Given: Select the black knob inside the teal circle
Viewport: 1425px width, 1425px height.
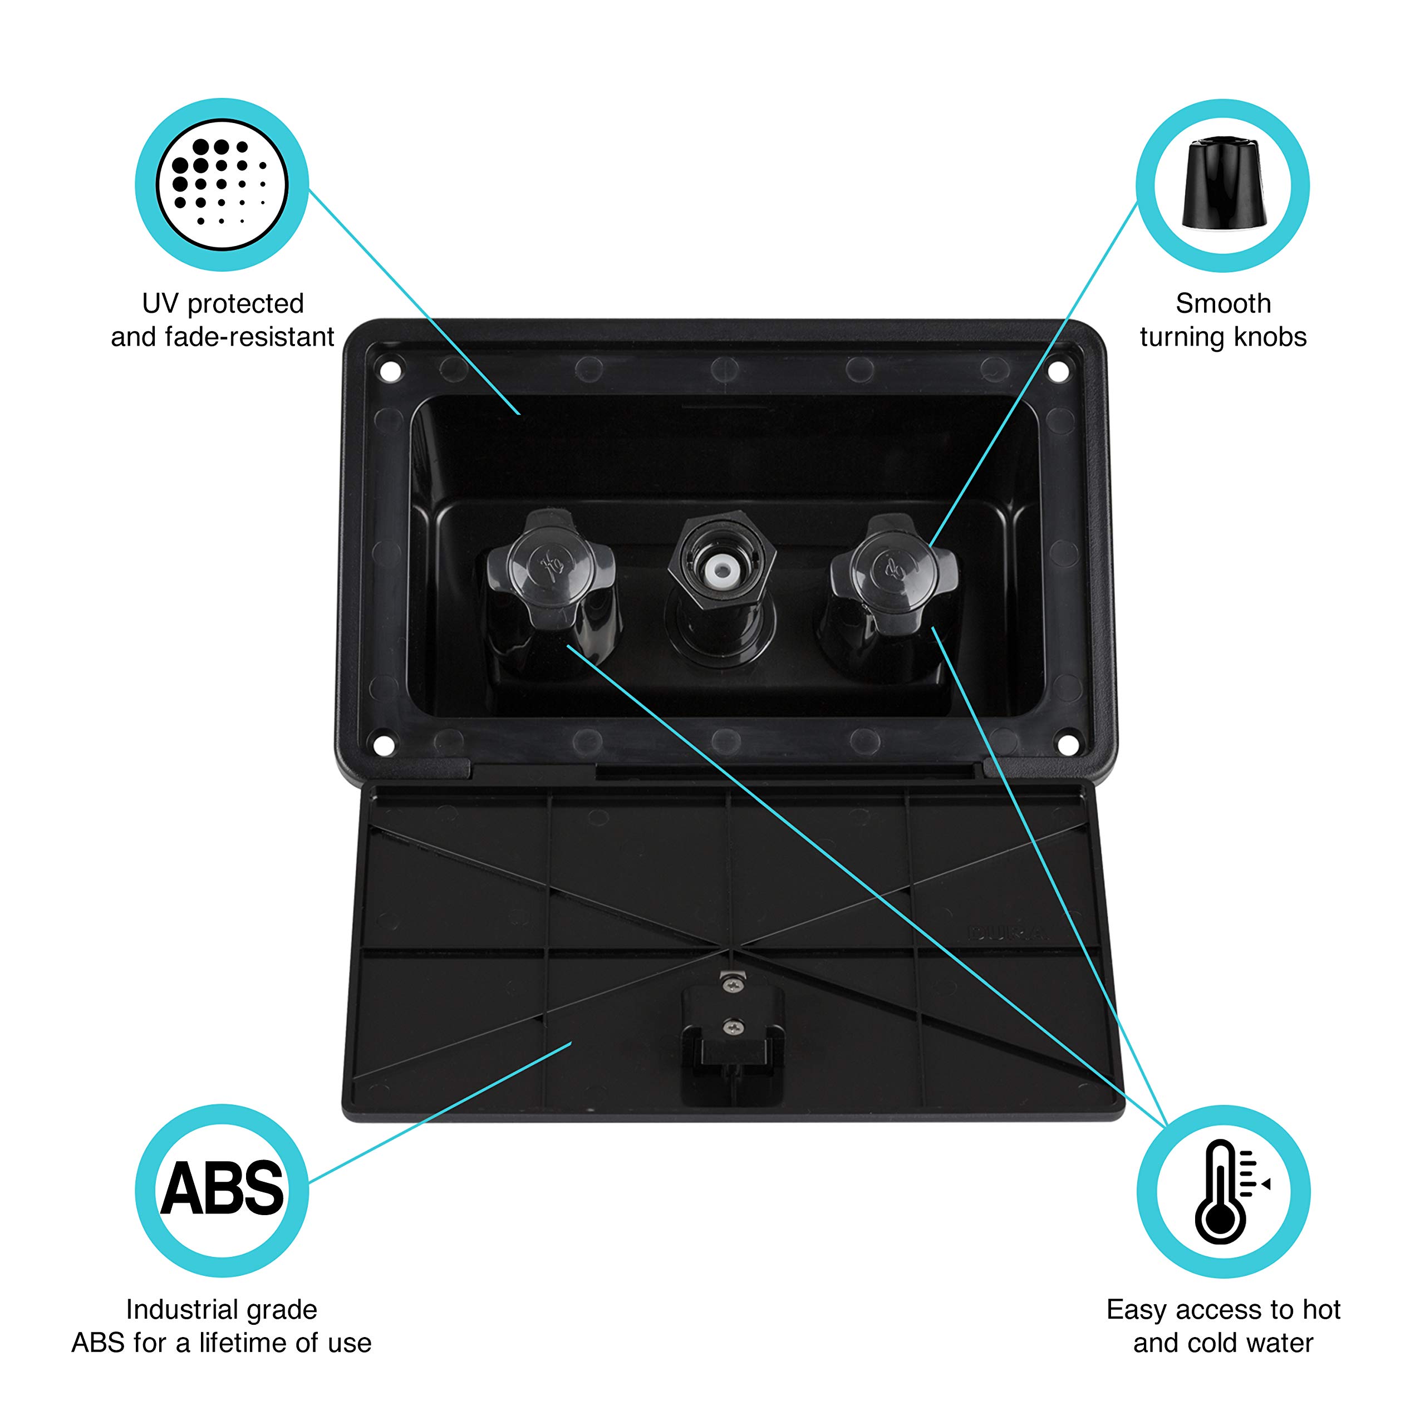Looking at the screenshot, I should tap(1223, 183).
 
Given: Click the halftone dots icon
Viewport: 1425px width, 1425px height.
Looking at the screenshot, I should tap(222, 183).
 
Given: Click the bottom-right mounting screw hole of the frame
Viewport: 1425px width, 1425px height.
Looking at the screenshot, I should tap(1067, 746).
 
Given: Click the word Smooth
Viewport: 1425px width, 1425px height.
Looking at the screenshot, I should tap(1223, 303).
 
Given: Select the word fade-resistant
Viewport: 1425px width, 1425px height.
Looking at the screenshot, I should tap(249, 337).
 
